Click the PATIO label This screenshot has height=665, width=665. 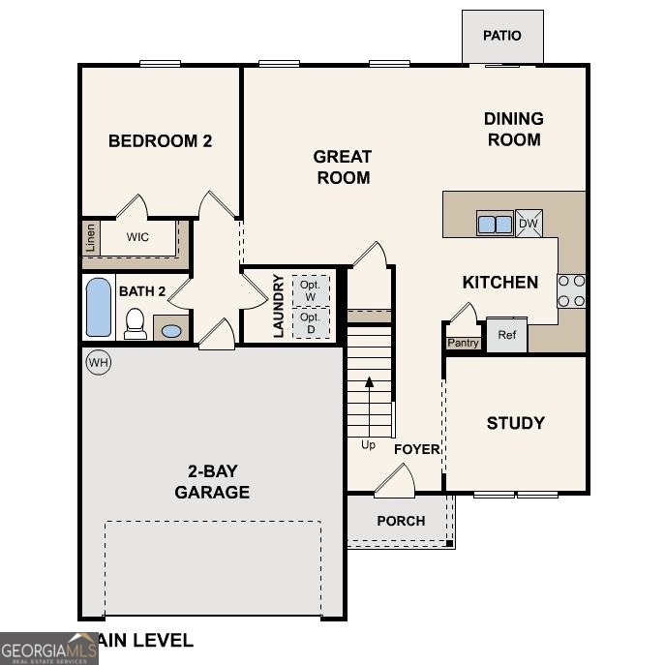501,36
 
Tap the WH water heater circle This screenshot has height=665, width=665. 98,363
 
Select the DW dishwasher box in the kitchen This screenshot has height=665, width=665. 529,224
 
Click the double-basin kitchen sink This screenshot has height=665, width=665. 495,224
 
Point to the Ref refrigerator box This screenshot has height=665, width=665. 506,335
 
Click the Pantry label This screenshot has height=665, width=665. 463,343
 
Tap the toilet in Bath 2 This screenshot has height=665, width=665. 136,323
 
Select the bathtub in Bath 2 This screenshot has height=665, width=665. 99,307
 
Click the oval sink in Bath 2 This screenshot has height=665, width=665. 171,331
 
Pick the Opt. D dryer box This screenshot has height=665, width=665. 310,322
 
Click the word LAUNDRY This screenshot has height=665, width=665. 279,306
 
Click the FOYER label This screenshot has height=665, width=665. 416,449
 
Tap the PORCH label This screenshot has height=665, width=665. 401,521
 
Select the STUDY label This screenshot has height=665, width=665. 515,423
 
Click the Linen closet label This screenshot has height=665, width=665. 91,237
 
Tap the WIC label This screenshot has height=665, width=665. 137,237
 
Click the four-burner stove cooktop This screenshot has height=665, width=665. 571,290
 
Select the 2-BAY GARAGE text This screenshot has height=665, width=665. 212,482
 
